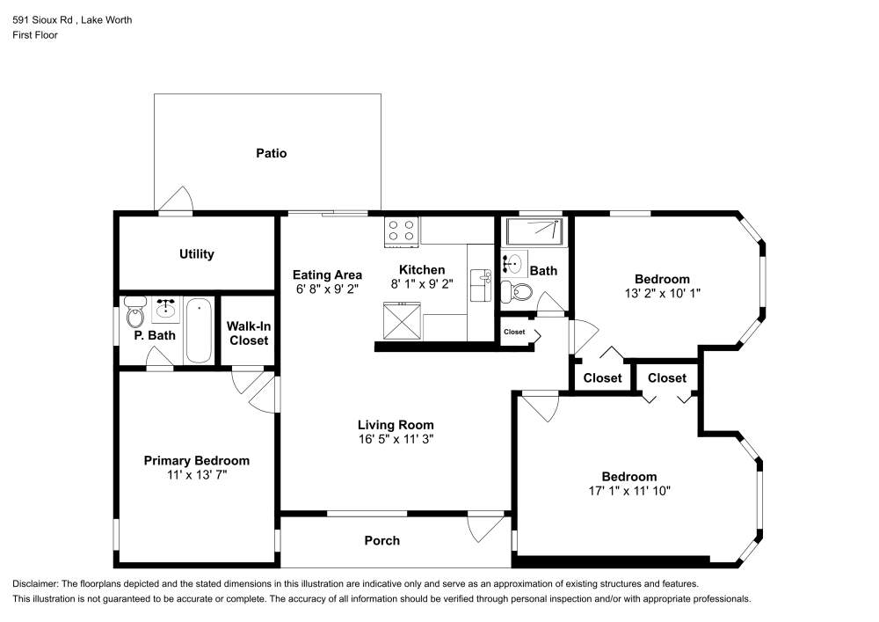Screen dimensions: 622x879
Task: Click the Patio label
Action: [271, 153]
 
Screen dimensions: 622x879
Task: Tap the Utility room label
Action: [196, 254]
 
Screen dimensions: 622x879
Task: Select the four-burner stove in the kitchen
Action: [402, 230]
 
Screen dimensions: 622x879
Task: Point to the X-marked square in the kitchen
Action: [402, 320]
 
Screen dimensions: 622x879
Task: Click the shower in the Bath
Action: [533, 231]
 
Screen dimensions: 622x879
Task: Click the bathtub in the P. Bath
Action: [199, 330]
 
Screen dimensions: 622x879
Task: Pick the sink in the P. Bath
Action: [165, 309]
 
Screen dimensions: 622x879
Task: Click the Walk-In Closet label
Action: [249, 333]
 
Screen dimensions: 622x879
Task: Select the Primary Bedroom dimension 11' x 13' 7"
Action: [196, 475]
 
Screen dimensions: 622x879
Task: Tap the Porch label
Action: [382, 540]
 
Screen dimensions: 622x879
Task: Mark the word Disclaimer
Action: [34, 584]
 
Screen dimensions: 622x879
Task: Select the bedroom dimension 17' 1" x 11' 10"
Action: [628, 491]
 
